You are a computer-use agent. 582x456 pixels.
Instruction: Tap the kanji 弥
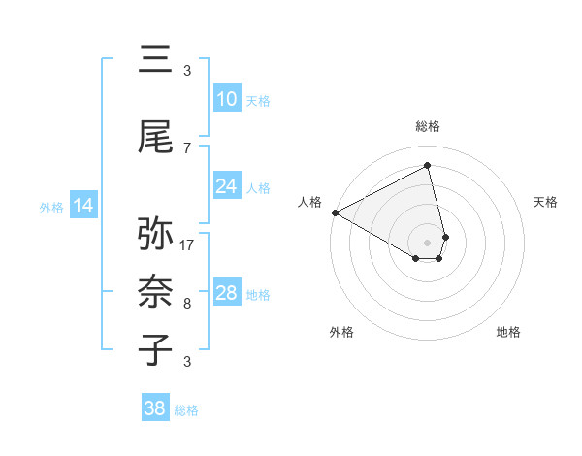(155, 235)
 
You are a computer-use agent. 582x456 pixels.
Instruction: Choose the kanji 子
(155, 349)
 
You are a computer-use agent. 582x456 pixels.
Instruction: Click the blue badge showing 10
(227, 99)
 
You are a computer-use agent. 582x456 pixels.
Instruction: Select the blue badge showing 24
(227, 186)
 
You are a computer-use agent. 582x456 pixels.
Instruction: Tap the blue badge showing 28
(227, 293)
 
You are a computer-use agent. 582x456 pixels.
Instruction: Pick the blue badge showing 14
(83, 206)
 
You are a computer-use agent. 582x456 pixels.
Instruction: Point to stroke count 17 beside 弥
(188, 245)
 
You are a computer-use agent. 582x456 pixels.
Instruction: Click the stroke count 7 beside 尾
(187, 148)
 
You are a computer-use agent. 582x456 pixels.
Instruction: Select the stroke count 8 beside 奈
(187, 304)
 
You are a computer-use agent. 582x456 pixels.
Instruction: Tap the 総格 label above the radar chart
(428, 126)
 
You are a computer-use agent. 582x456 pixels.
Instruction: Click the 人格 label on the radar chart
(310, 202)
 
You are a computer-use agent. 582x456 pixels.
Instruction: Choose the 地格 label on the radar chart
(508, 333)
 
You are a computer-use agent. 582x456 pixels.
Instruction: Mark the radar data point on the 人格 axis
(335, 212)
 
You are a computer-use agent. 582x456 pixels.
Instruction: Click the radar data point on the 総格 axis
(428, 166)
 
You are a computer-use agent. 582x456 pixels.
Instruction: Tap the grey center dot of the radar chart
(428, 241)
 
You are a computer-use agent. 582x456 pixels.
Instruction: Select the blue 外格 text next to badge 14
(51, 207)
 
